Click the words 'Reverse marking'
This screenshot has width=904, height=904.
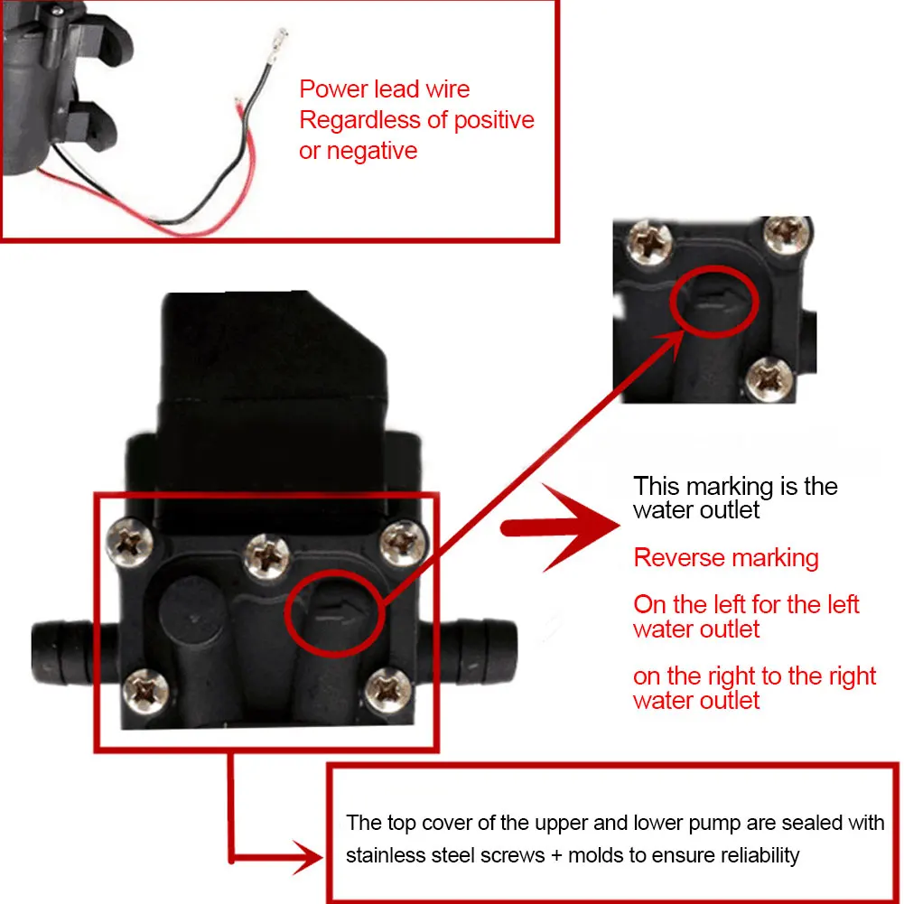pos(725,557)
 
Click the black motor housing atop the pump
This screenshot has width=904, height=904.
pos(271,361)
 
